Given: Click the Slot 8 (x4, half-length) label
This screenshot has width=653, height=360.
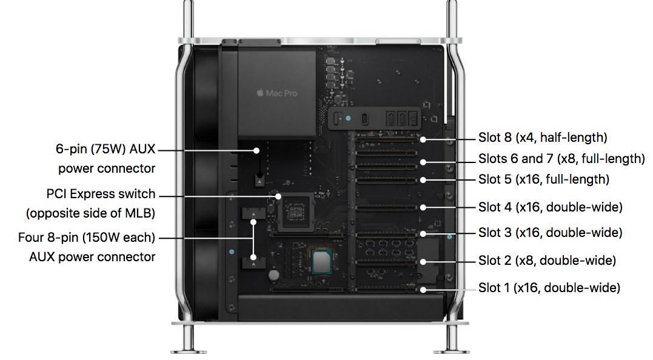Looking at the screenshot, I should pos(543,138).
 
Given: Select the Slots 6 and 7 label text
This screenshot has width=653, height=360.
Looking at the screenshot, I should pos(561,159).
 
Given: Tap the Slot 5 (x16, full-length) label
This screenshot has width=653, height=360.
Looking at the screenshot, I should pos(544,179).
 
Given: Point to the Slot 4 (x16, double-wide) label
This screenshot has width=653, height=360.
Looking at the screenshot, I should pos(551,207).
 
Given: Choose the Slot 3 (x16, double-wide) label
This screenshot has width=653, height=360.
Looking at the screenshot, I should pos(551,233).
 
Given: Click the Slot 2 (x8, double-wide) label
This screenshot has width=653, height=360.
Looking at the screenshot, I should pos(547,261).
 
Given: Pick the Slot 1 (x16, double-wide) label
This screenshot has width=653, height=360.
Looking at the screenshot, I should pos(549,288).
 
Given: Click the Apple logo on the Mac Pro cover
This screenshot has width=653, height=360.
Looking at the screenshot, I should pos(260,93).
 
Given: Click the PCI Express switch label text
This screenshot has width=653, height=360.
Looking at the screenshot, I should pos(101,195).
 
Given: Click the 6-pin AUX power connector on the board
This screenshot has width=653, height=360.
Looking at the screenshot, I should pos(259,180).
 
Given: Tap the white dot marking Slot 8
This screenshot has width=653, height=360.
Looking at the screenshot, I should pos(423,139).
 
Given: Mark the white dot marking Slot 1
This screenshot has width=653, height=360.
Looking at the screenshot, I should pos(423,290).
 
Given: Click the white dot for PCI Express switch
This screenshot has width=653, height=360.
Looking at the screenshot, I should pos(278,196).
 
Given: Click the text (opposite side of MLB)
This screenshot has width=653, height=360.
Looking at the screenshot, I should pos(90,213).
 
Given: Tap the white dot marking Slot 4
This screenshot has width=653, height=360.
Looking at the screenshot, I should pos(423,207).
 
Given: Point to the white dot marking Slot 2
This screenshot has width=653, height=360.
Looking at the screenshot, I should pos(423,262).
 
